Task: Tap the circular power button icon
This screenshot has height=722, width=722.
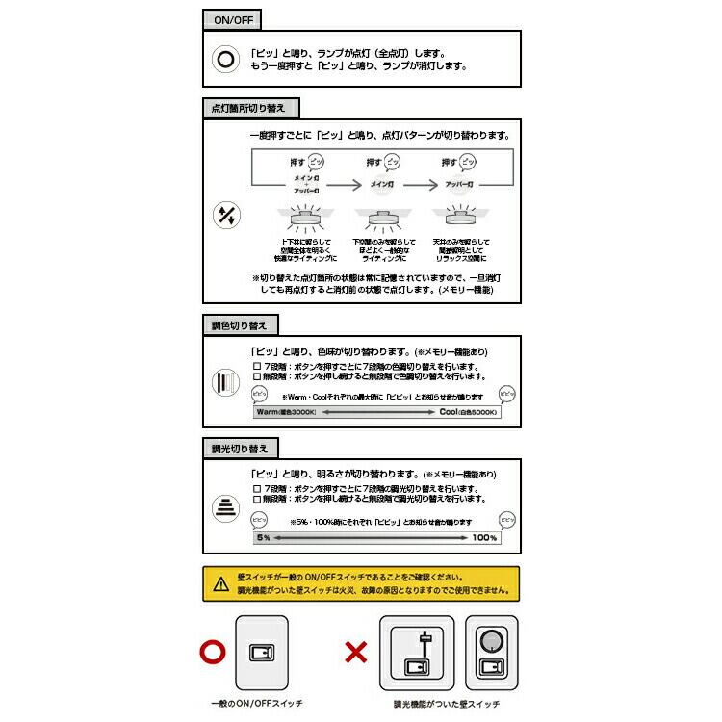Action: (225, 60)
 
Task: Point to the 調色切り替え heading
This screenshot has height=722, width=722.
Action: (232, 325)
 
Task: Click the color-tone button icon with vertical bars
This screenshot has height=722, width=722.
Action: (225, 382)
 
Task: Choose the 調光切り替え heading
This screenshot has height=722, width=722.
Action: (232, 448)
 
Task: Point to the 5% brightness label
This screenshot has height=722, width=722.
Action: (263, 537)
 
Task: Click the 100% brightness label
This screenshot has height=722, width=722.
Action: (484, 537)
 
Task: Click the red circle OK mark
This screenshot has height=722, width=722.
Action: (212, 652)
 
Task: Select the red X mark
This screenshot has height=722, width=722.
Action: (356, 653)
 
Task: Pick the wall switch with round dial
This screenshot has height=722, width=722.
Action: (491, 652)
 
